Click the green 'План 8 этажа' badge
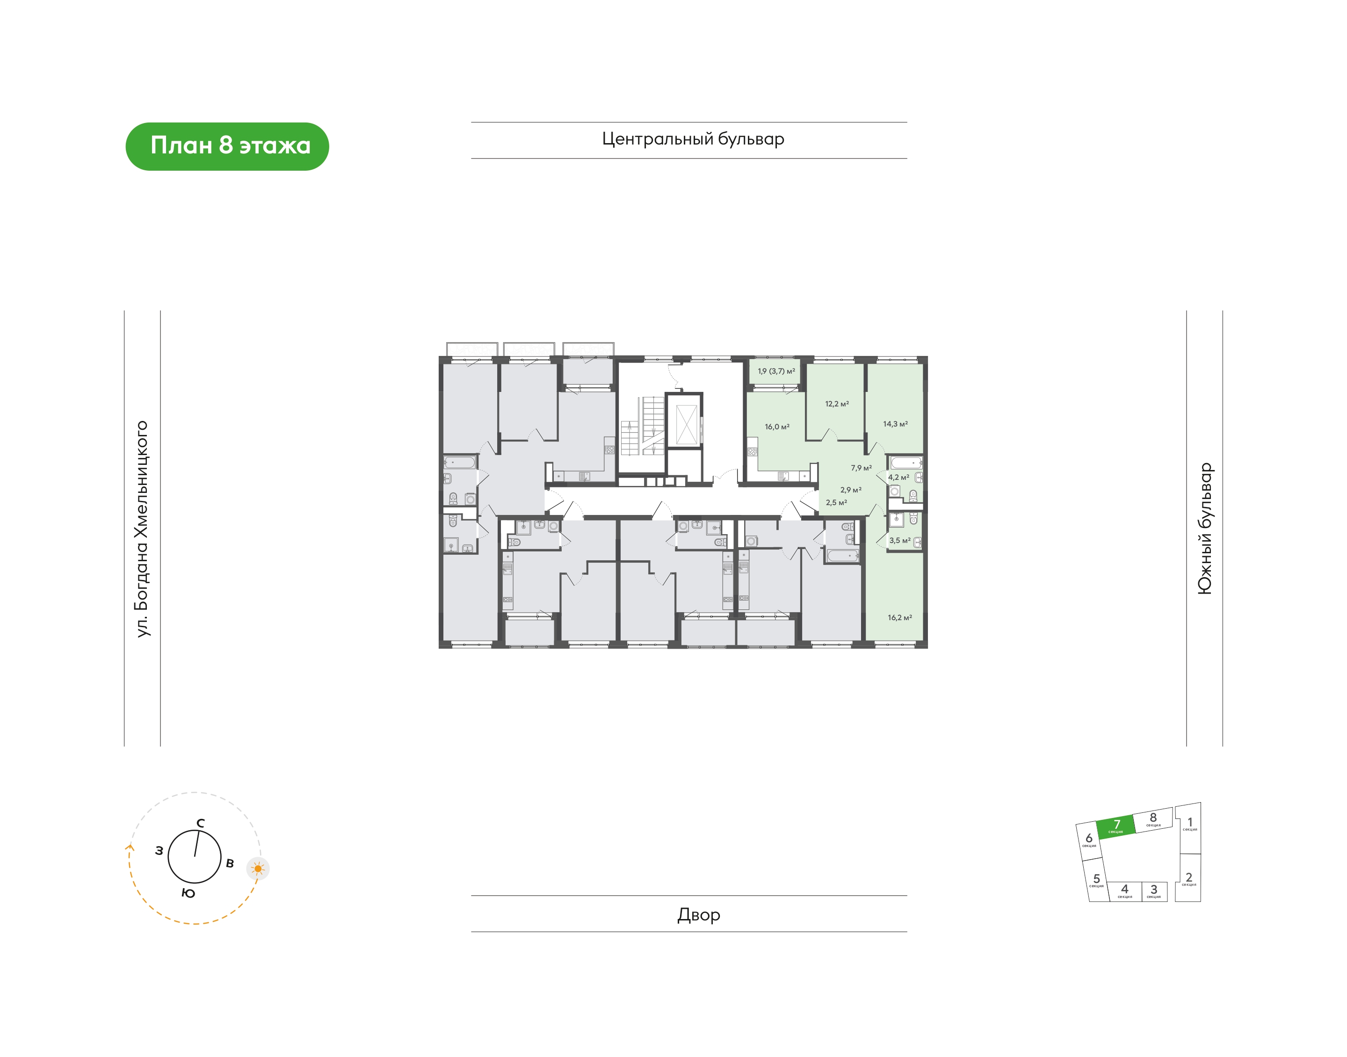coord(227,147)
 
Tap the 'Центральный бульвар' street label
coord(693,139)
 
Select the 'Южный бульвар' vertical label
coord(1205,528)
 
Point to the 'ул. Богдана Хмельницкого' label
coord(142,529)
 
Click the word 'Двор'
coord(699,915)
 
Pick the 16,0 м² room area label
coord(777,427)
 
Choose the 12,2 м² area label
coord(837,404)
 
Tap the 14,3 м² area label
coord(895,424)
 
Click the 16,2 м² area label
coord(900,618)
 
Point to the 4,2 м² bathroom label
coord(898,478)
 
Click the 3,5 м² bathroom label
coord(900,541)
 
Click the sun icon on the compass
coord(258,869)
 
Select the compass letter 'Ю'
coord(188,893)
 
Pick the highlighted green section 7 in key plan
coord(1116,826)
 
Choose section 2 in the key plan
coord(1188,878)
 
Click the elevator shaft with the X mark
coord(686,425)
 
